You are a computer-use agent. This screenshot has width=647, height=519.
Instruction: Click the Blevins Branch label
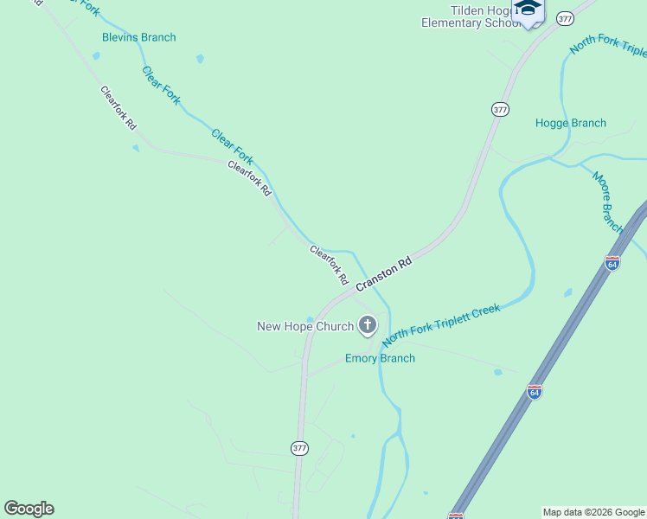[x=138, y=37]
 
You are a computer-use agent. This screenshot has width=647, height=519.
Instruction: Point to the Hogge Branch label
[x=570, y=123]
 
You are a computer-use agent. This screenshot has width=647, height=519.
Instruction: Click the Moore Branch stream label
[x=608, y=202]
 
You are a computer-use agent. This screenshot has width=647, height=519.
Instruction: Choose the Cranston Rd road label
[x=382, y=272]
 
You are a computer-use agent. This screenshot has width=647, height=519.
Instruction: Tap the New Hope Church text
[x=305, y=326]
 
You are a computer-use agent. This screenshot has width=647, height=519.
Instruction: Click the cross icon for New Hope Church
[x=368, y=325]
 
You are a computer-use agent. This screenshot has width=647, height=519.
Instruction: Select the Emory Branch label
[x=380, y=358]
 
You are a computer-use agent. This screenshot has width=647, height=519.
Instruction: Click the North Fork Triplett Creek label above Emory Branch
[x=441, y=324]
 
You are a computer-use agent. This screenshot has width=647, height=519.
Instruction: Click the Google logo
[x=29, y=509]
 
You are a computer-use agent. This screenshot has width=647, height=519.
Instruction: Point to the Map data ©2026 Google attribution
[x=593, y=512]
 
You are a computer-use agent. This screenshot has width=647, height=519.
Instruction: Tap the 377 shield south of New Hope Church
[x=299, y=448]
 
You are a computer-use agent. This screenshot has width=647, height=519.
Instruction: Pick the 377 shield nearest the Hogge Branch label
[x=500, y=110]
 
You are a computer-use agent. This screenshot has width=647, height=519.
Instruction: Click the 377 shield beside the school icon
[x=565, y=18]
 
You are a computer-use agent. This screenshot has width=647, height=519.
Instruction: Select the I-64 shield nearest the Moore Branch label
[x=612, y=263]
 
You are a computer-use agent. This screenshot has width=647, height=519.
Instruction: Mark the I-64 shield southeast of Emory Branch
[x=535, y=392]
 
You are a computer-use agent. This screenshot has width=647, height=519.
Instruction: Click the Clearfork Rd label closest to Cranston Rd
[x=329, y=266]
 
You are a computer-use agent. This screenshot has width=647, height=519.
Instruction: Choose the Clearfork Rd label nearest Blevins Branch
[x=119, y=108]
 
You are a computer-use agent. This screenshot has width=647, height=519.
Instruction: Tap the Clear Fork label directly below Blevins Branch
[x=161, y=85]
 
